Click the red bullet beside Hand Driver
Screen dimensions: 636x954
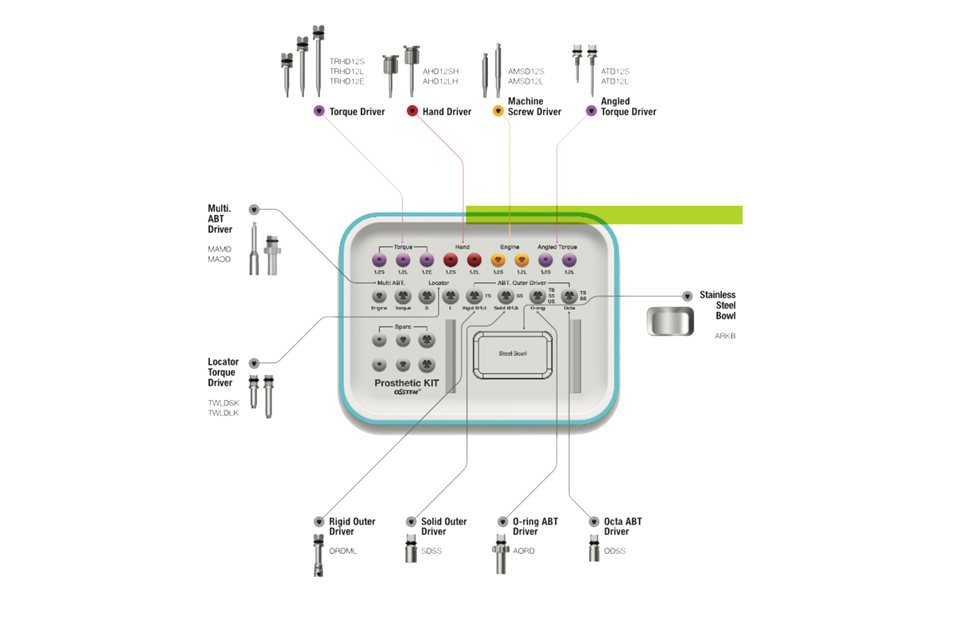(412, 111)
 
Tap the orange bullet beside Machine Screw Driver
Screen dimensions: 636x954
(498, 111)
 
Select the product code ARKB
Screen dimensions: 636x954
(725, 336)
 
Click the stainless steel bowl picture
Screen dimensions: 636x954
(670, 321)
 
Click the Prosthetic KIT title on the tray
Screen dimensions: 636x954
(406, 383)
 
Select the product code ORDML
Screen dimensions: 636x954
(343, 551)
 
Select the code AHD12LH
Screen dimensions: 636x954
(440, 81)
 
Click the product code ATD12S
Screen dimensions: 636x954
(615, 71)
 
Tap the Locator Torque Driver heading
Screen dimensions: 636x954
(223, 372)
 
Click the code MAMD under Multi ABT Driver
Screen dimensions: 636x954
(219, 249)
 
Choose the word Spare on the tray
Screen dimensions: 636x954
(403, 326)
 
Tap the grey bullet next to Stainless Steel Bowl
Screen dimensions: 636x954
(687, 296)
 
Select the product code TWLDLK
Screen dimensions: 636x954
(223, 413)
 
